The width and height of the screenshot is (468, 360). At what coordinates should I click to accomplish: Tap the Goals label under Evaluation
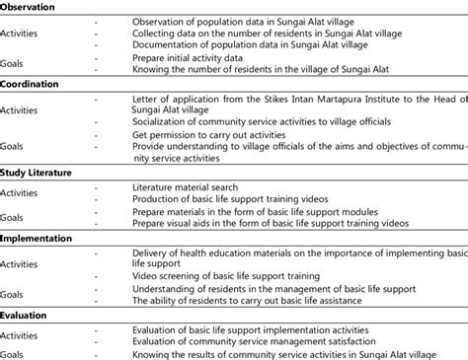[14, 352]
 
